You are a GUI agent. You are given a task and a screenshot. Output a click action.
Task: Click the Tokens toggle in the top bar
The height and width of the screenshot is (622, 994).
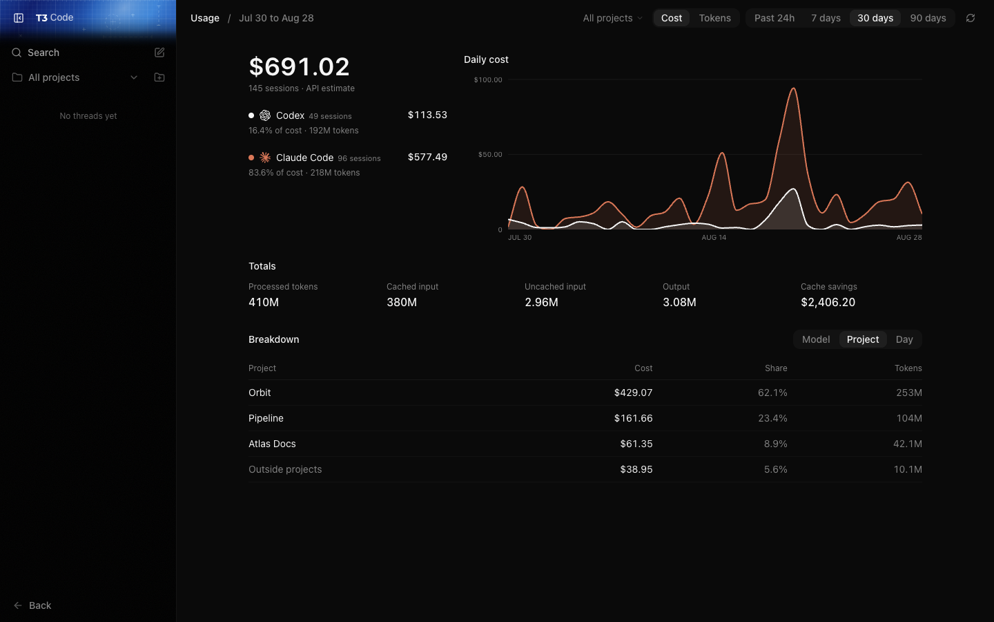[714, 18]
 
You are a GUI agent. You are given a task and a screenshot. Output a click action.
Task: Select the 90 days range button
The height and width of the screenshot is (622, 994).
[928, 18]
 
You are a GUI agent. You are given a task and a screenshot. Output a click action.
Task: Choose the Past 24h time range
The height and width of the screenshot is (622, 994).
[774, 18]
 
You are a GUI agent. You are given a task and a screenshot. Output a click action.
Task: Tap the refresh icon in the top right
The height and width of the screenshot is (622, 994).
[971, 18]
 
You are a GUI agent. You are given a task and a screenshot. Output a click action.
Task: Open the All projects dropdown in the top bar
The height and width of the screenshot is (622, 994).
[612, 18]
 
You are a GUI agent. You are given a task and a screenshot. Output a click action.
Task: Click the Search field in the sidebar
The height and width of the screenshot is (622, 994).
[43, 53]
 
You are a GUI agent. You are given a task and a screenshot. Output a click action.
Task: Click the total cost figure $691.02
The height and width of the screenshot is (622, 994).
[299, 66]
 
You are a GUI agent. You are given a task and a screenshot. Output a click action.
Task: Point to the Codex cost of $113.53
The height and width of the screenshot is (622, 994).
[427, 115]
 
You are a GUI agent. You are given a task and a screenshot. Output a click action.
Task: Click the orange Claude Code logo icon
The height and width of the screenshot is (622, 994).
[265, 158]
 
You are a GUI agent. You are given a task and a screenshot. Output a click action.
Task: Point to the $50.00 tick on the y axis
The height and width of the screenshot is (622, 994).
[490, 155]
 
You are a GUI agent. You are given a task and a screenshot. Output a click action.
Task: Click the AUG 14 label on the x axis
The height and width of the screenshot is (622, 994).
[714, 237]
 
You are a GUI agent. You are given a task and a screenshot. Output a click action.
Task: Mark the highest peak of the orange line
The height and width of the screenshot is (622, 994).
[793, 88]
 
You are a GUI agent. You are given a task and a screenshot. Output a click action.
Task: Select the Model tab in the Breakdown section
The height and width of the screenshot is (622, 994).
[816, 339]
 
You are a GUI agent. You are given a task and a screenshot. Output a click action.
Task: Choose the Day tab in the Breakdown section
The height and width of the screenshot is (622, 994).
[904, 339]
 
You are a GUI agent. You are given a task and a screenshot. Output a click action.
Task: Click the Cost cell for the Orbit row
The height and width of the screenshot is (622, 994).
[633, 393]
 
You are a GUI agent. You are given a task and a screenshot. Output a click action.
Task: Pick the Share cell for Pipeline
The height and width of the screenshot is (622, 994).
[772, 418]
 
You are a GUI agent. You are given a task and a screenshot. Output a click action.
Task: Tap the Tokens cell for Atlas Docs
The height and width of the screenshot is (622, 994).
[908, 444]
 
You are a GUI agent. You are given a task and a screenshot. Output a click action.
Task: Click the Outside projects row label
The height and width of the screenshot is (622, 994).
[285, 469]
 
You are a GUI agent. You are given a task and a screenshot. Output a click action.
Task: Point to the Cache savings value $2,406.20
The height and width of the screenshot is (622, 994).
[828, 302]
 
